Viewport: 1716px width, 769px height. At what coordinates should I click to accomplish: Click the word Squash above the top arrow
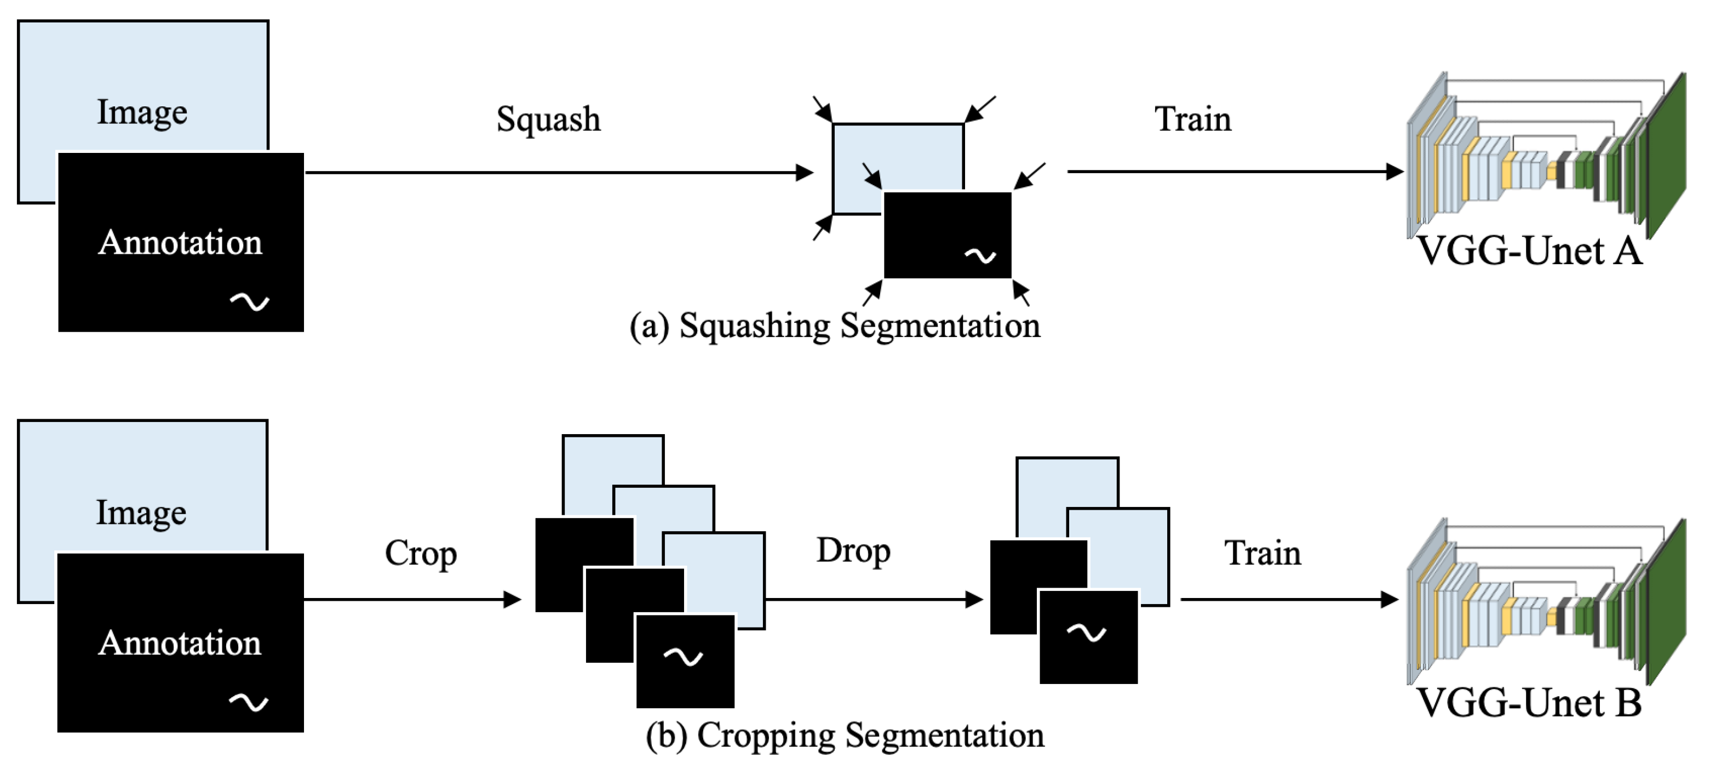(x=548, y=120)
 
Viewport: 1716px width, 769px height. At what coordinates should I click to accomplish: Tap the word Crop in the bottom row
(x=420, y=553)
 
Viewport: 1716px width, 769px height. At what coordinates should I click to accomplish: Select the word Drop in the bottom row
(x=853, y=550)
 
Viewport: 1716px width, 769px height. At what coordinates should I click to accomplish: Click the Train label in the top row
(x=1192, y=120)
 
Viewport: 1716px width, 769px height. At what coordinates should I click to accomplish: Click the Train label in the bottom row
(x=1262, y=553)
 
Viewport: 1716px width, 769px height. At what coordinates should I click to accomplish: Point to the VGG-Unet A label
(x=1529, y=251)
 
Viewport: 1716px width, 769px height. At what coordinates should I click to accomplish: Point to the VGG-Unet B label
(x=1529, y=703)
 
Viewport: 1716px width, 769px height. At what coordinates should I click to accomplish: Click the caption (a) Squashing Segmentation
(x=835, y=326)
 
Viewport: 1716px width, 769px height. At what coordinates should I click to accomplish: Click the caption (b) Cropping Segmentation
(x=845, y=736)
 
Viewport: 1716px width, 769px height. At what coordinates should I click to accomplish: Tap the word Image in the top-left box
(x=142, y=112)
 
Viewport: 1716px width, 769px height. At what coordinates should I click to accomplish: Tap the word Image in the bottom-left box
(x=141, y=512)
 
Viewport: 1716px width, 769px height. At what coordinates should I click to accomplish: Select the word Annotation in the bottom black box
(x=180, y=643)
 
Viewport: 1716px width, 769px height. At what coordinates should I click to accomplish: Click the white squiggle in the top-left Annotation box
(x=249, y=303)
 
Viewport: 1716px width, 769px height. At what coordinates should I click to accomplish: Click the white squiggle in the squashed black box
(x=980, y=255)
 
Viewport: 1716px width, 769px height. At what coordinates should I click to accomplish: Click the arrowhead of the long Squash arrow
(x=806, y=173)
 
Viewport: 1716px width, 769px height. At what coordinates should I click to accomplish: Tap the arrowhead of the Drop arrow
(x=975, y=599)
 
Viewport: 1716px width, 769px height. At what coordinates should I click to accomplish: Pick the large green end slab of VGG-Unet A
(x=1667, y=157)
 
